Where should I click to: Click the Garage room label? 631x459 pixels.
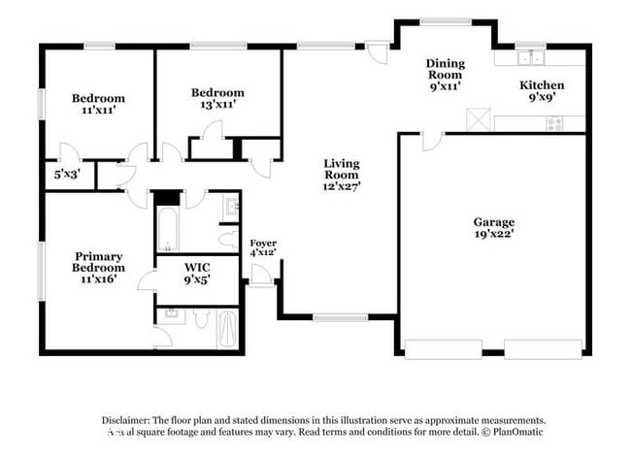[493, 221]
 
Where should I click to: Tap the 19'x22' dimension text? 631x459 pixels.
[493, 234]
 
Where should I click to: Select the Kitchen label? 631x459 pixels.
[541, 85]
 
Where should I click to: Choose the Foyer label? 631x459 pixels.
[263, 243]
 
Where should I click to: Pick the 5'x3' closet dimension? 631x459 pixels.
[66, 175]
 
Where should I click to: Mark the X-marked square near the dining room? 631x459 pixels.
[476, 119]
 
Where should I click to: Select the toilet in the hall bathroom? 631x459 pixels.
[228, 238]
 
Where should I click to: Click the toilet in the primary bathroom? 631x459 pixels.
[200, 318]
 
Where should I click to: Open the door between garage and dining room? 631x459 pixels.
[431, 143]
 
